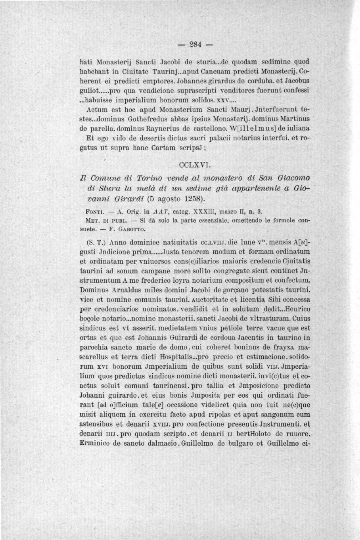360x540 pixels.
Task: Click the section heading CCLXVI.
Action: [192, 165]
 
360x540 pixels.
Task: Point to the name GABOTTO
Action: [133, 228]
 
